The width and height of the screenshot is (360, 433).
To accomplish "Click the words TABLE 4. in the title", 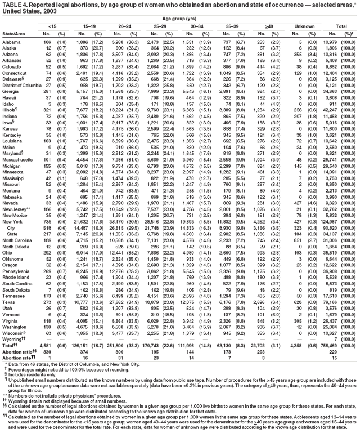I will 13,5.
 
